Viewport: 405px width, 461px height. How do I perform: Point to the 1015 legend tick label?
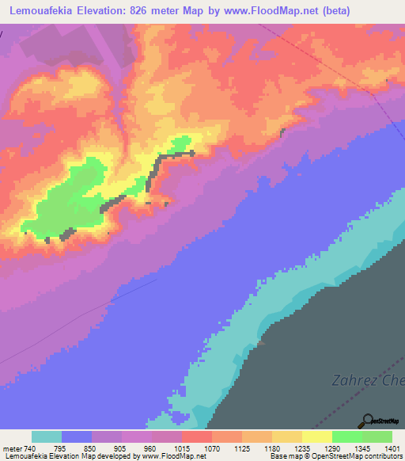tap(182, 448)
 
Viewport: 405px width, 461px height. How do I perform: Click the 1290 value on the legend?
tap(332, 448)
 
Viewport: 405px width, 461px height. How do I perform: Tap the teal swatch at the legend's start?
tap(46, 436)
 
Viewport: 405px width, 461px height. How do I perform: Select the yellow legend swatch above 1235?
tap(286, 436)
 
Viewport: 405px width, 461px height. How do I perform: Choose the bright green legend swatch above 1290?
tap(346, 436)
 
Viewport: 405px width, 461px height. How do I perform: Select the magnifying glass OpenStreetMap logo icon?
tap(368, 421)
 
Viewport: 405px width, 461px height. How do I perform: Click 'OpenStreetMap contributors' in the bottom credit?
tap(361, 457)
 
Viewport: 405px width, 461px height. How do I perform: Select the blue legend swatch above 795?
tap(76, 436)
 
